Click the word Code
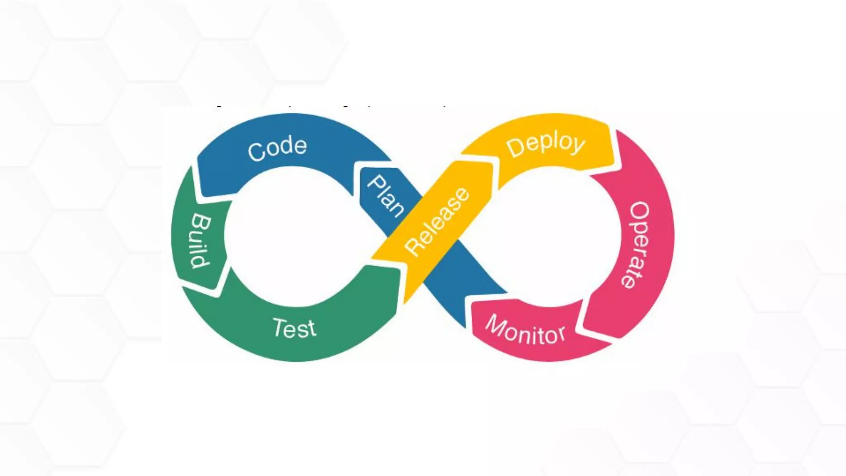pyautogui.click(x=277, y=148)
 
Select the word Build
pyautogui.click(x=201, y=241)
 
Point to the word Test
pyautogui.click(x=294, y=329)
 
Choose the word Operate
pyautogui.click(x=638, y=245)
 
